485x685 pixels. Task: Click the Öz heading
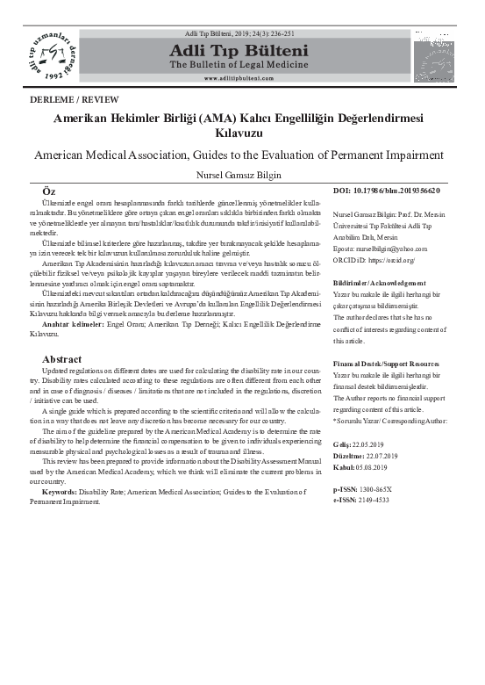pyautogui.click(x=51, y=191)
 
